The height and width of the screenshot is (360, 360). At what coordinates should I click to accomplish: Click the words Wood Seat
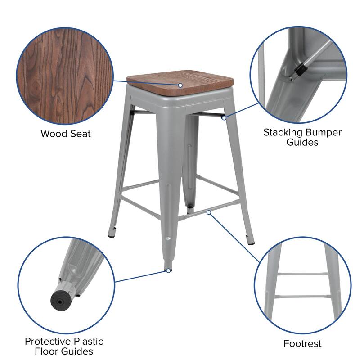point(66,134)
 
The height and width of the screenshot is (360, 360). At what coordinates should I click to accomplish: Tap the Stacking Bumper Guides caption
point(302,137)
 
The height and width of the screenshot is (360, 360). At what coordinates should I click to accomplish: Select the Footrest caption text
point(302,344)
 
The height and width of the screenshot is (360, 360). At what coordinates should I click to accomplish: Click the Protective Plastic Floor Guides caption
point(64,346)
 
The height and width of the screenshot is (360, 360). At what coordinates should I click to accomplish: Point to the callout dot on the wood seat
point(180,85)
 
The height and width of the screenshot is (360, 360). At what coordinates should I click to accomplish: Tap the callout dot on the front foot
point(168,270)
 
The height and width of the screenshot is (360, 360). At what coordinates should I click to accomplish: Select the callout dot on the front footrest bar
point(208,211)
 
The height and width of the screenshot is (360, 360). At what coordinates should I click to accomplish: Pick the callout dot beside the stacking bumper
point(224,118)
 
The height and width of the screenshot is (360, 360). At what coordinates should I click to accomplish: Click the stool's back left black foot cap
point(111,234)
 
